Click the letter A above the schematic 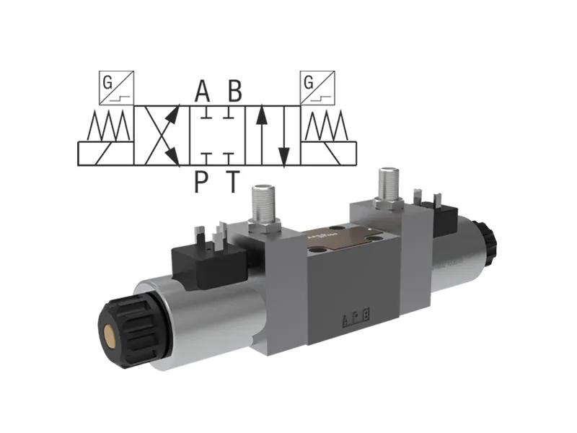(203, 92)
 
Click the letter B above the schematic (234, 92)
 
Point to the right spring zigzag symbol (327, 128)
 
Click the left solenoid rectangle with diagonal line (105, 153)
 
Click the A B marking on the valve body (358, 316)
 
